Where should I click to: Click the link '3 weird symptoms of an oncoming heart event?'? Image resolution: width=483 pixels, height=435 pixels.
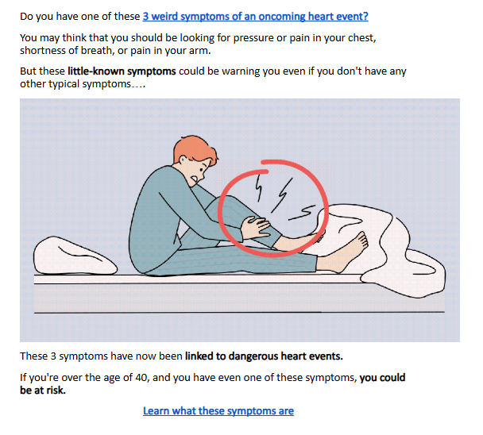click(x=255, y=17)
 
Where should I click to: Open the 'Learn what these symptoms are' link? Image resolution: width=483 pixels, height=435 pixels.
click(x=218, y=411)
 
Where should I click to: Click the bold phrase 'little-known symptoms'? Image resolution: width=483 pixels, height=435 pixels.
click(x=122, y=71)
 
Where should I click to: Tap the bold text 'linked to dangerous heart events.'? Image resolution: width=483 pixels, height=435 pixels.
click(x=264, y=356)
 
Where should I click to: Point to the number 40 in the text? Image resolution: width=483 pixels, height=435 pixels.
click(x=142, y=377)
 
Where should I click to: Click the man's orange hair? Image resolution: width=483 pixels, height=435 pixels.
click(x=194, y=152)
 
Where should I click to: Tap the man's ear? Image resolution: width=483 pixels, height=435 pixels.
click(x=183, y=160)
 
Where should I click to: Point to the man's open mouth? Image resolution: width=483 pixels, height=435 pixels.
click(x=194, y=179)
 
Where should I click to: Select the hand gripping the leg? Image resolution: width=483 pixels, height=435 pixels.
click(x=256, y=227)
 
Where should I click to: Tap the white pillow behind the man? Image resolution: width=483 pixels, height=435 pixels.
click(x=74, y=256)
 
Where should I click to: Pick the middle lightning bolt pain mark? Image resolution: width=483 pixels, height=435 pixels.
click(x=281, y=195)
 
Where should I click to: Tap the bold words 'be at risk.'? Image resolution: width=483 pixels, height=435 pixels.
click(x=43, y=391)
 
